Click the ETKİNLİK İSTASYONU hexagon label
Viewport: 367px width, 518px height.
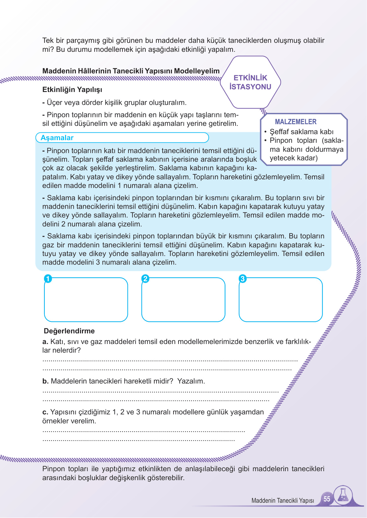250,82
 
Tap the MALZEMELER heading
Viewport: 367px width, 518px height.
295,122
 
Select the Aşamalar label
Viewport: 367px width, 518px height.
57,138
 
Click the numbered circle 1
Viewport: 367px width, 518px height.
48,279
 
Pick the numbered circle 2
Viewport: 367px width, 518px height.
145,279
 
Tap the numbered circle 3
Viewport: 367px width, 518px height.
243,279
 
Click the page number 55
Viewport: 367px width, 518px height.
327,499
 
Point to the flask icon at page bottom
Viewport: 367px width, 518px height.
343,495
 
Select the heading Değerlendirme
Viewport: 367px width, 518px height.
69,331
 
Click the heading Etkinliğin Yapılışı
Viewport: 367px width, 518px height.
72,90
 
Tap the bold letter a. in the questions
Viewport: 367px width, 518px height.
45,342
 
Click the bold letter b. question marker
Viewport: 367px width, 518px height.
45,381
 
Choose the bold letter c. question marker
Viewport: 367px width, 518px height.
45,412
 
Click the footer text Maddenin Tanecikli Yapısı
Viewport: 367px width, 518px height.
282,500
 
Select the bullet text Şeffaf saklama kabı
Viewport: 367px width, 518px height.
301,132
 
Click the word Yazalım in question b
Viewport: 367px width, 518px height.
191,381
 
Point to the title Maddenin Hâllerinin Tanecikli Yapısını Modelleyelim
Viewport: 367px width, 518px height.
131,71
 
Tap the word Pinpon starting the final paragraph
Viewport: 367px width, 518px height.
53,469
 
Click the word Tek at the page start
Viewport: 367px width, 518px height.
48,41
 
